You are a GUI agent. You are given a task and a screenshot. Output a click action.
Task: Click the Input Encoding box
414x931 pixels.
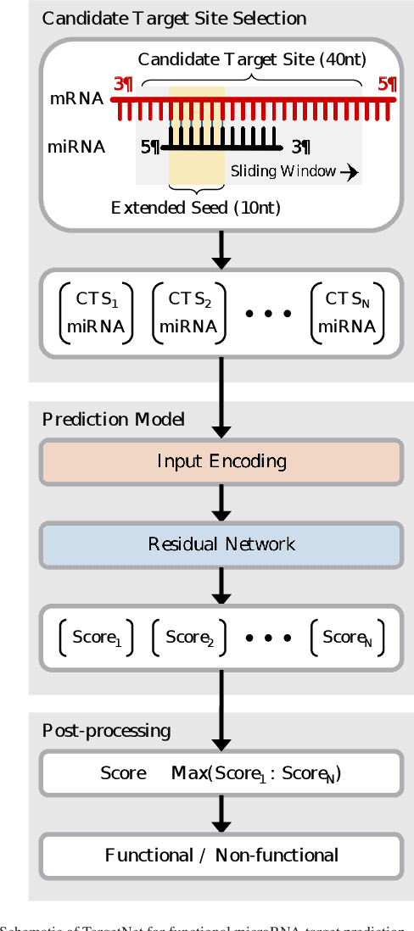point(221,461)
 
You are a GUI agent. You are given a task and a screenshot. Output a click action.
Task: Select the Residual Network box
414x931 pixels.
point(221,544)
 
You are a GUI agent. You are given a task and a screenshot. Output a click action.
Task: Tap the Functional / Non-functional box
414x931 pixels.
point(221,855)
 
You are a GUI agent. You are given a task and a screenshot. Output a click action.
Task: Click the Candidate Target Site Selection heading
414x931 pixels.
point(174,18)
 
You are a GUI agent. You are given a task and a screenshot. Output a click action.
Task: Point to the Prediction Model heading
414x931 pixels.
point(113,420)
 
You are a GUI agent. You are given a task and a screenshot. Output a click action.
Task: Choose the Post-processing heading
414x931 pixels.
point(106,730)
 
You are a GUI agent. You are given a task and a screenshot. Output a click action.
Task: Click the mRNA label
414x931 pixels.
point(76,98)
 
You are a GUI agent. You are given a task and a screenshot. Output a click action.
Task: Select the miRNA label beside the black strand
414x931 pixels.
point(76,147)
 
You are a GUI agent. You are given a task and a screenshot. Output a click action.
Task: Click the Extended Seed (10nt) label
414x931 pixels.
point(196,208)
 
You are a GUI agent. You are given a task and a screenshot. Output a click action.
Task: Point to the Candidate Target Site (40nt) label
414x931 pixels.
point(252,59)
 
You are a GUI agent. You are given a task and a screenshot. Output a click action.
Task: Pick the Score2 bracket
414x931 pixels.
point(189,638)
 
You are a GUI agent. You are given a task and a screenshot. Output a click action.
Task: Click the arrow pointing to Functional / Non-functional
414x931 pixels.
point(221,814)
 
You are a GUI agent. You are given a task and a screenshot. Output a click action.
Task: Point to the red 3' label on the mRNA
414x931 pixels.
point(123,84)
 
